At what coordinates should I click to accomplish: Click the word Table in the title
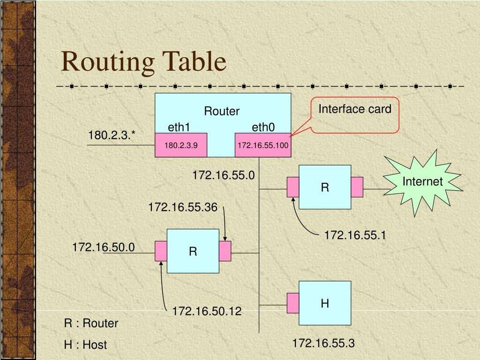[194, 61]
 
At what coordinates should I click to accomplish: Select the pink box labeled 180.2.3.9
[181, 145]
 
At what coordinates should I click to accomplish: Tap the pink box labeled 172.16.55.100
[263, 145]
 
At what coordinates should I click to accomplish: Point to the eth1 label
[179, 127]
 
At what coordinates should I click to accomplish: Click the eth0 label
[263, 127]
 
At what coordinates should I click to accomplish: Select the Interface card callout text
[355, 109]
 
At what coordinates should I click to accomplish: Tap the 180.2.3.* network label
[112, 135]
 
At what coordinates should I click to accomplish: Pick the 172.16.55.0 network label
[224, 175]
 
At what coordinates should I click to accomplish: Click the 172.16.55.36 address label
[183, 207]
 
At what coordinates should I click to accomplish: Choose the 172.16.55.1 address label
[355, 235]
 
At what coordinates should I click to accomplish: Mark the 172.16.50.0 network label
[104, 247]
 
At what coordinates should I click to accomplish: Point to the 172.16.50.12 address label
[207, 311]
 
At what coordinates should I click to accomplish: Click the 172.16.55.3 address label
[323, 343]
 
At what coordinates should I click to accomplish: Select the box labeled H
[325, 303]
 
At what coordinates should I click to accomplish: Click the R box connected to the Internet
[325, 187]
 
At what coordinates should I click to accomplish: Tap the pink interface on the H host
[293, 303]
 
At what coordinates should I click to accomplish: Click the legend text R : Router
[91, 323]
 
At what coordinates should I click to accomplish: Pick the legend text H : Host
[85, 345]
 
